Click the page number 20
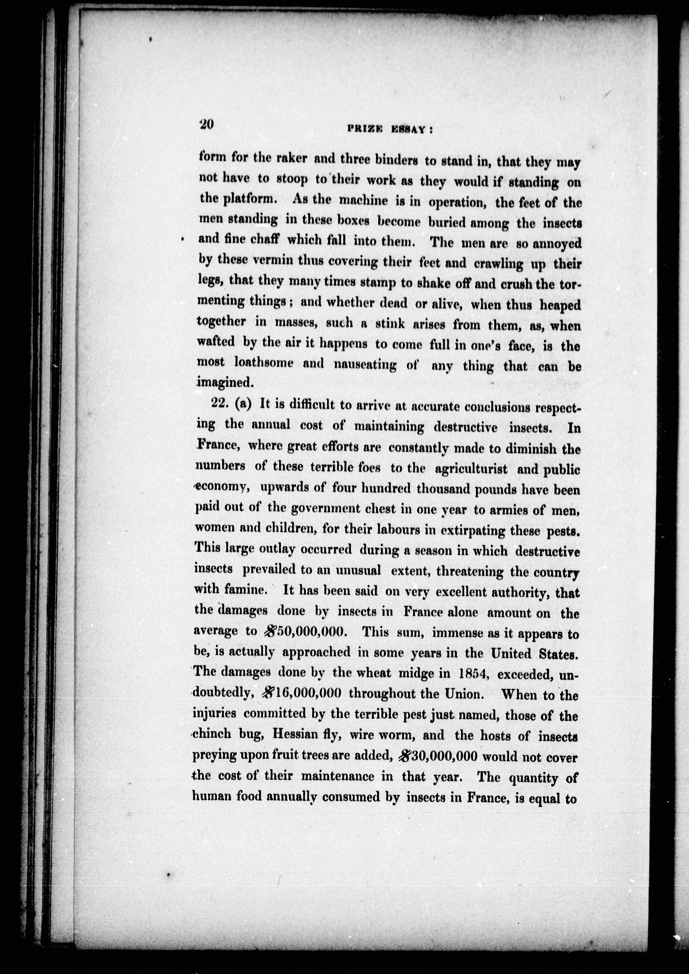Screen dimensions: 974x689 pos(208,125)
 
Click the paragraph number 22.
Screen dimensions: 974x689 pos(220,404)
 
